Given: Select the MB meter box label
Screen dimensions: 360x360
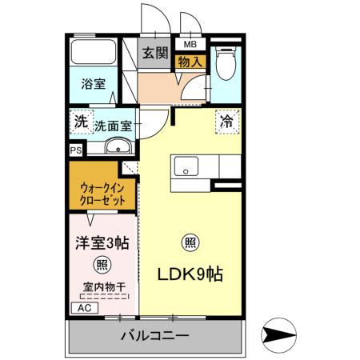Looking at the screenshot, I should [x=190, y=44].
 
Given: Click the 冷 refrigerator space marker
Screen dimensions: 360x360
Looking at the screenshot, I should [x=226, y=122].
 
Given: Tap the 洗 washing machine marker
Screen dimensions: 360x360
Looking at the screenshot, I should [x=80, y=123].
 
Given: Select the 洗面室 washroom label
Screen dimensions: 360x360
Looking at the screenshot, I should [x=113, y=125].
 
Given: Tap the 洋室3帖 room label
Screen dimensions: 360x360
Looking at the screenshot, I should [x=102, y=240].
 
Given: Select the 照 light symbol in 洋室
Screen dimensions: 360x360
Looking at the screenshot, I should [x=102, y=265].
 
